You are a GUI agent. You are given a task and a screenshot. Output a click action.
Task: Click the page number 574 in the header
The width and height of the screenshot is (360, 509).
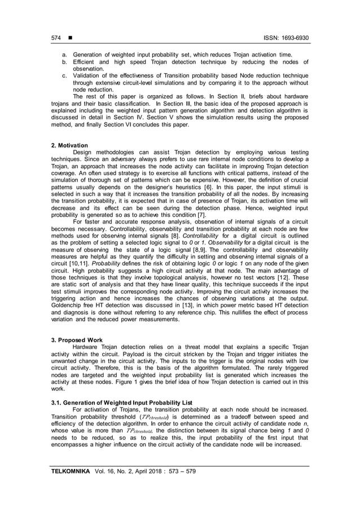pyautogui.click(x=56, y=38)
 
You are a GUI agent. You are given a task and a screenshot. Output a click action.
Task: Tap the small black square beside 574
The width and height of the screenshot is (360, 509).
pyautogui.click(x=71, y=38)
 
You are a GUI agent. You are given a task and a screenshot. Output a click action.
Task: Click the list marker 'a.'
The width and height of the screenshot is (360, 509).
pyautogui.click(x=64, y=55)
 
